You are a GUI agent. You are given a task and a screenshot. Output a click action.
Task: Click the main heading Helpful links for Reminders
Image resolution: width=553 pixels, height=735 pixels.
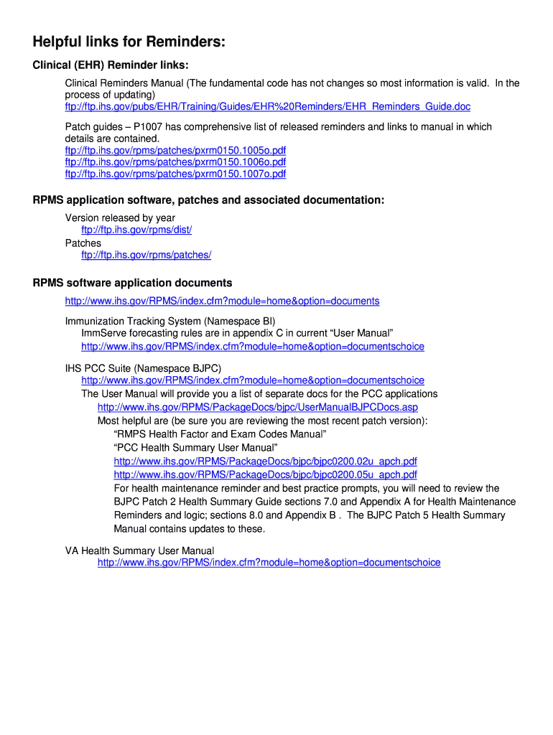(129, 43)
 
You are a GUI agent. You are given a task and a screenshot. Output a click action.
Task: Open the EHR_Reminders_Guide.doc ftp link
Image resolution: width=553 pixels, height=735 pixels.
(268, 106)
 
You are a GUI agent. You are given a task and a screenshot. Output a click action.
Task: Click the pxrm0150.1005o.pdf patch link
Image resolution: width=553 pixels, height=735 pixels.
(175, 151)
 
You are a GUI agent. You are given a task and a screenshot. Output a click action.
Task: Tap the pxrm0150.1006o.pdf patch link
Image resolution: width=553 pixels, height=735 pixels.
(175, 162)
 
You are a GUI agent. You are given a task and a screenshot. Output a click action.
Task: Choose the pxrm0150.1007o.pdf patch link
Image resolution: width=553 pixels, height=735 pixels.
(175, 174)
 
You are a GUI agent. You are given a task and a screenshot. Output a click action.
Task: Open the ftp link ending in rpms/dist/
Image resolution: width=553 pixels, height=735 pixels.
(136, 230)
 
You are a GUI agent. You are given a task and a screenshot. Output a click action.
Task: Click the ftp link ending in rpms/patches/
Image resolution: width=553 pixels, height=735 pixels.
(146, 255)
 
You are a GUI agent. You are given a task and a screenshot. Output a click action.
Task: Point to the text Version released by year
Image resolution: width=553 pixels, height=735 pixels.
(120, 217)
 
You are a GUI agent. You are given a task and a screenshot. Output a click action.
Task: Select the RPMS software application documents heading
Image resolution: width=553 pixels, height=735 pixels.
(132, 283)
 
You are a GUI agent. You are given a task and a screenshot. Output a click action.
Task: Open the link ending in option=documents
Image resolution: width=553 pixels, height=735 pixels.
(222, 301)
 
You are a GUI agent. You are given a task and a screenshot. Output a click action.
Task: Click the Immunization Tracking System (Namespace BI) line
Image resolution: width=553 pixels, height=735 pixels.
(170, 321)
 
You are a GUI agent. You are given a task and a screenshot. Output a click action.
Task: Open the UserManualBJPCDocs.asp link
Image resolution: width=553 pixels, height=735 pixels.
(257, 407)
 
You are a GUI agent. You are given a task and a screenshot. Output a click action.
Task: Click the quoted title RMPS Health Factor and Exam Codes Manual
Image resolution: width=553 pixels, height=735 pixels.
(220, 434)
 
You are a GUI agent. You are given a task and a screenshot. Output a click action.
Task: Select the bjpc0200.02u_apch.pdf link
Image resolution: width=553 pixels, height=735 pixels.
(265, 462)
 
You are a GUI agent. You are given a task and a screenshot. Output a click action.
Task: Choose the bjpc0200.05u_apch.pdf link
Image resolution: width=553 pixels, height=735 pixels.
(265, 474)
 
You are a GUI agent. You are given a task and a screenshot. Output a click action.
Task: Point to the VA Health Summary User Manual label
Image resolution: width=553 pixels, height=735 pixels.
(139, 551)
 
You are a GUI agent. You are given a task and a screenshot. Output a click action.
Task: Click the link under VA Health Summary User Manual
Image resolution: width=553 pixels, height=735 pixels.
(269, 563)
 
